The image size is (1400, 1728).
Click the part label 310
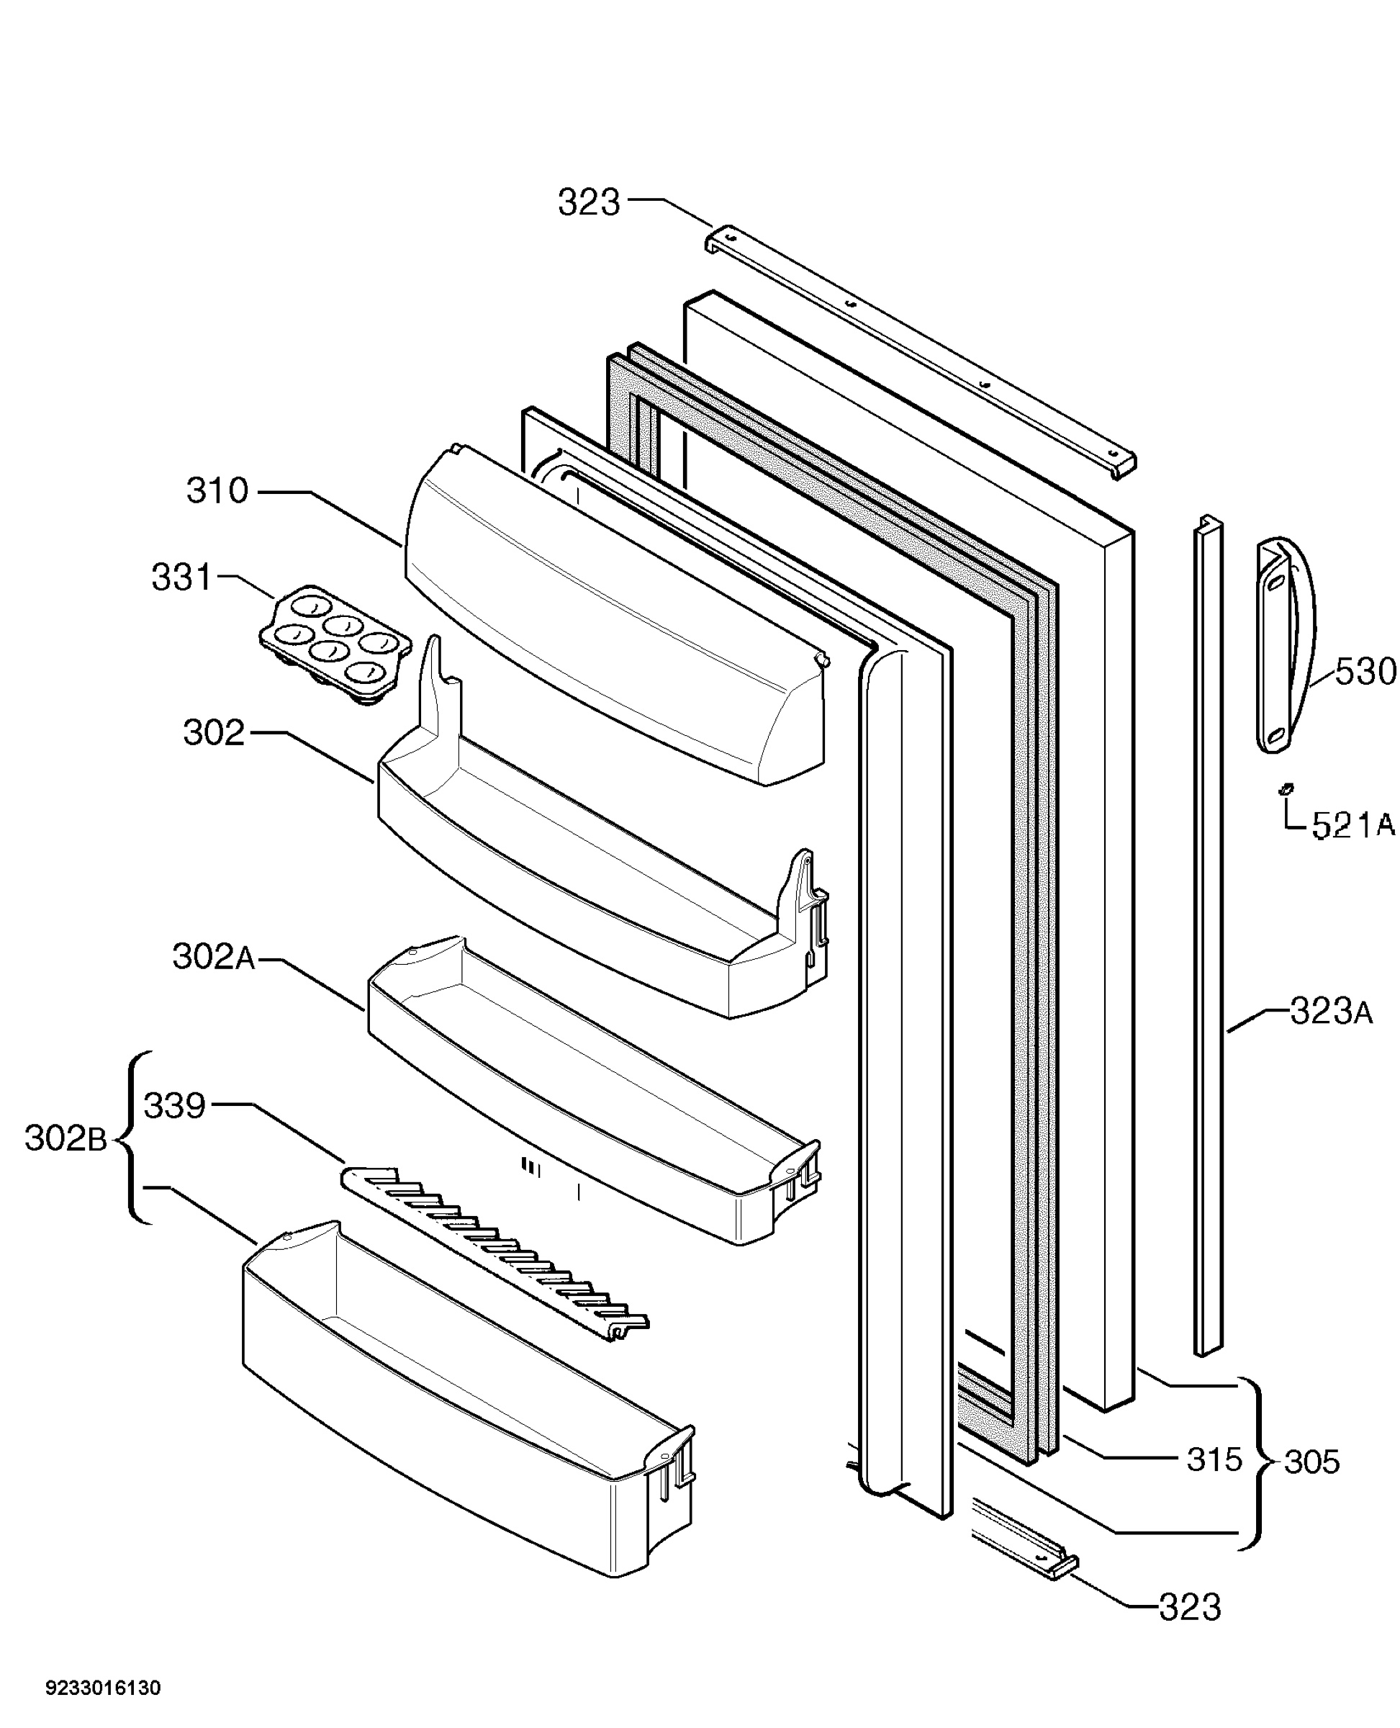(x=218, y=490)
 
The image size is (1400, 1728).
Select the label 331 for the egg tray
(x=181, y=577)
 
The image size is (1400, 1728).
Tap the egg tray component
(x=335, y=646)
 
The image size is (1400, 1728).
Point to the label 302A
(x=214, y=958)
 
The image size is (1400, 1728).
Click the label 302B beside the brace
(x=66, y=1139)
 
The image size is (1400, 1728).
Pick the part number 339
(x=174, y=1105)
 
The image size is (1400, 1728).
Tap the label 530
(x=1365, y=671)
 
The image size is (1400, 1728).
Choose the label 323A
(x=1332, y=1012)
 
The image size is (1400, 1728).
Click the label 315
(x=1214, y=1459)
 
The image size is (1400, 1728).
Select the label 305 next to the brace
(x=1312, y=1462)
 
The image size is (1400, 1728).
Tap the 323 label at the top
(x=590, y=202)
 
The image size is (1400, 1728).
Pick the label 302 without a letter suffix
(x=214, y=732)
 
